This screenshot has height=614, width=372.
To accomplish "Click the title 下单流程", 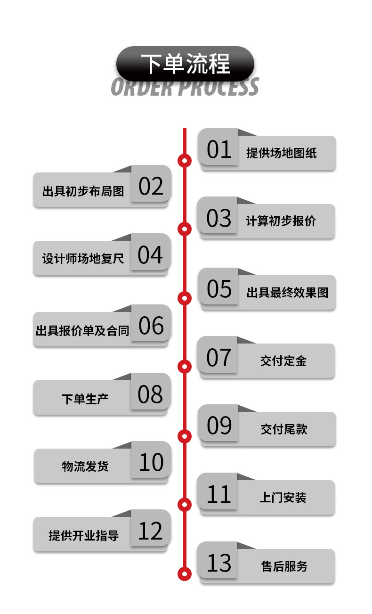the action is [185, 64].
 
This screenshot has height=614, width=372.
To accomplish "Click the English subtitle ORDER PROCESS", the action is [185, 87].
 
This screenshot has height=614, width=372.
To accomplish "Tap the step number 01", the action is [219, 149].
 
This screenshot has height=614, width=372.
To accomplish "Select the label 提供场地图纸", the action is [281, 153].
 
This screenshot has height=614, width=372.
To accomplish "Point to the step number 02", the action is [151, 186].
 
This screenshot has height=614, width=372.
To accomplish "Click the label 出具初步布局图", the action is [83, 191].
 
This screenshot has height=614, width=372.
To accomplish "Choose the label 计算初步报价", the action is [281, 221].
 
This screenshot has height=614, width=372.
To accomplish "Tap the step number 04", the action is [150, 254].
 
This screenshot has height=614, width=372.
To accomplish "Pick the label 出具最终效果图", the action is [287, 292].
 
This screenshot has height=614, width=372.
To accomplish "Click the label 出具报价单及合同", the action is [82, 330].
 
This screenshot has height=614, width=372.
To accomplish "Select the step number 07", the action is [219, 358].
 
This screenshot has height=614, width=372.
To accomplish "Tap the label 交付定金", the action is [283, 361].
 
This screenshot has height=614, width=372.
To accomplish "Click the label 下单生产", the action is [85, 399].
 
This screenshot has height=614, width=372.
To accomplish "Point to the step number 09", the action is [219, 426].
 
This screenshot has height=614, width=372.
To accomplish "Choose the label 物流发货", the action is [85, 467].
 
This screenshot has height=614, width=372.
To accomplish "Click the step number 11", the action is [219, 494].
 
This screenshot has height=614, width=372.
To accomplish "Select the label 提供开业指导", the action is [83, 535].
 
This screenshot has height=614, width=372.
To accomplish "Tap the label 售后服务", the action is [284, 566].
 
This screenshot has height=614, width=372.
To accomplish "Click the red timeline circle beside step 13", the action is [185, 573].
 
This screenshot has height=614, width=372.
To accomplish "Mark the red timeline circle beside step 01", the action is [185, 161].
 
